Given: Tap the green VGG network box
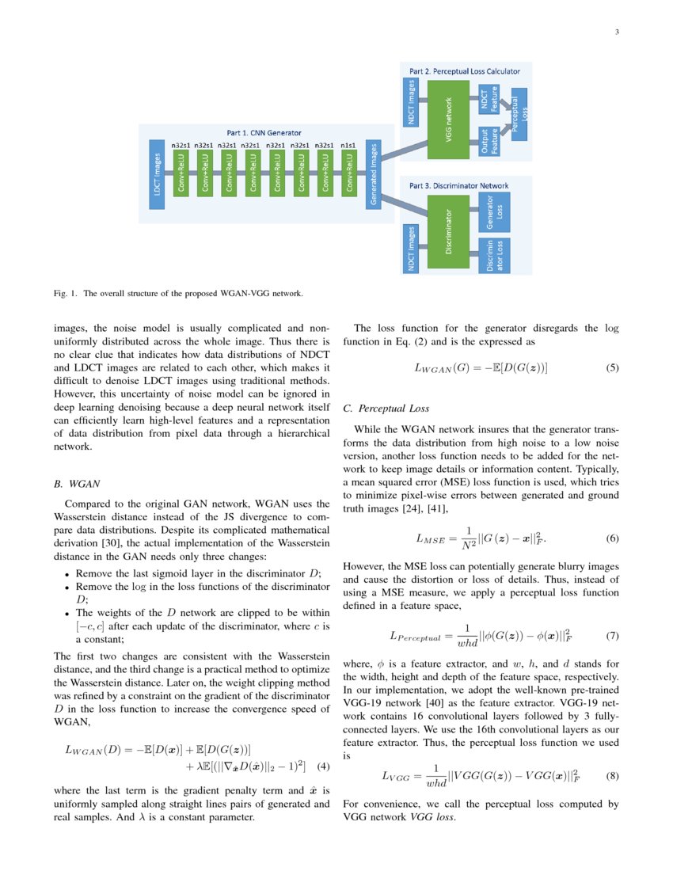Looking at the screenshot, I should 449,116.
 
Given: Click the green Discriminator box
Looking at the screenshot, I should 449,231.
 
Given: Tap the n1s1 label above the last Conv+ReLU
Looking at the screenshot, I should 348,146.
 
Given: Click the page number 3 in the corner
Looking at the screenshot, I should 616,32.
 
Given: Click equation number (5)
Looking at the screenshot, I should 612,368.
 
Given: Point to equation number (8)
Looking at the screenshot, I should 612,776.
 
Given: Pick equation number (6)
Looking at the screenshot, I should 612,539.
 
